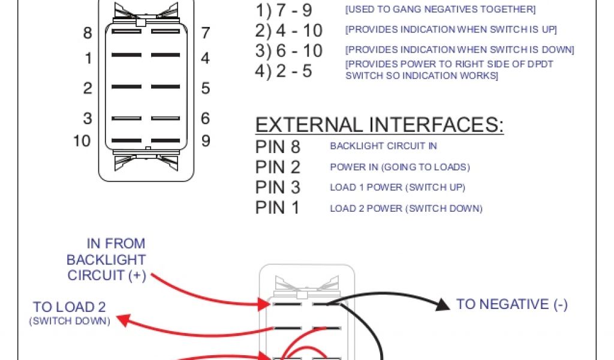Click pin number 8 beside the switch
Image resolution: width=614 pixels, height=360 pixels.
click(88, 33)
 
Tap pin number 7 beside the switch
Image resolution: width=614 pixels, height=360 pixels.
click(206, 33)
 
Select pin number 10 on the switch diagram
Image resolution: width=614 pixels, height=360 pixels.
click(82, 141)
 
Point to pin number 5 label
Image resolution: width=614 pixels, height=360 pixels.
click(206, 88)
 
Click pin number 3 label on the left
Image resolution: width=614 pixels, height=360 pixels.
click(88, 118)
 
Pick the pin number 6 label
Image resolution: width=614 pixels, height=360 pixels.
click(206, 118)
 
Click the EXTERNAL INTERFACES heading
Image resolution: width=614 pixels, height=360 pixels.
click(380, 125)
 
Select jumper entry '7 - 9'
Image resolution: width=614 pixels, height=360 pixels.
click(294, 10)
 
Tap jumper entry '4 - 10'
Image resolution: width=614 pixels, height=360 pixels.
click(299, 31)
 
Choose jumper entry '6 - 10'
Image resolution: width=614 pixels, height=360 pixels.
click(299, 51)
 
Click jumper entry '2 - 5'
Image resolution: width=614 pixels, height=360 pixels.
click(294, 71)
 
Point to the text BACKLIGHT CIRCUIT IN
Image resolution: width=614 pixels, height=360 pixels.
click(383, 146)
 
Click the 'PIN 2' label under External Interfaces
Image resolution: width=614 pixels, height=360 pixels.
click(278, 167)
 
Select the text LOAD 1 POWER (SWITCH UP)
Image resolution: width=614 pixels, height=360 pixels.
click(398, 188)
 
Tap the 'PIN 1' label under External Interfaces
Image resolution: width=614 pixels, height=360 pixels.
click(278, 208)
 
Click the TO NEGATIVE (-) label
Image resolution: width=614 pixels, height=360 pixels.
click(512, 304)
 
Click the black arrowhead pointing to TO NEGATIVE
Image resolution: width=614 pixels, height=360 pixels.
click(443, 305)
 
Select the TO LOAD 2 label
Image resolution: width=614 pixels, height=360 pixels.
click(70, 307)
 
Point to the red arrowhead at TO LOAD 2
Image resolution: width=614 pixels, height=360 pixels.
click(124, 320)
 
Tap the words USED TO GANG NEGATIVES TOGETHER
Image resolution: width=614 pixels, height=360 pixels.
click(440, 10)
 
